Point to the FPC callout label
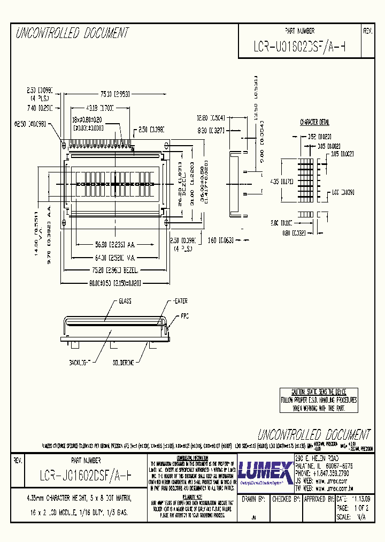(x=184, y=315)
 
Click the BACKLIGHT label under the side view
(x=81, y=363)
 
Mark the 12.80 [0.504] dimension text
(x=210, y=117)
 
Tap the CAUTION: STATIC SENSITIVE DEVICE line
(x=319, y=392)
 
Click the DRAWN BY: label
(x=254, y=499)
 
